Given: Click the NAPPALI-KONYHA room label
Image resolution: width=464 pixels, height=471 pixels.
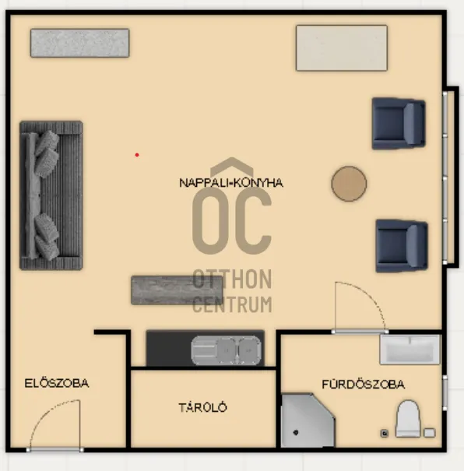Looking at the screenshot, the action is pyautogui.click(x=231, y=183).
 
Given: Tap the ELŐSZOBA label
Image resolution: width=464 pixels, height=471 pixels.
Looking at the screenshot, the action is pyautogui.click(x=57, y=383).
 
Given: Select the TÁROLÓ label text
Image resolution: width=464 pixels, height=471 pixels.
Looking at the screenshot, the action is pyautogui.click(x=202, y=407).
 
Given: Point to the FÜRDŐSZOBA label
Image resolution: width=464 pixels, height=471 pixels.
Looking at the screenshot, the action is pyautogui.click(x=364, y=384).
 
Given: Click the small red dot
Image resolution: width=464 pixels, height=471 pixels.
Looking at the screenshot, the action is pyautogui.click(x=137, y=155).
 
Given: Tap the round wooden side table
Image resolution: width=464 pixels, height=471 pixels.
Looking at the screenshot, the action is pyautogui.click(x=349, y=184).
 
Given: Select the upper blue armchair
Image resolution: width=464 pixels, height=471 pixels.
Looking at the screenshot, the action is pyautogui.click(x=399, y=124).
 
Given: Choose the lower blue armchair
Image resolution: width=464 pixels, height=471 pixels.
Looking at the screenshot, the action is pyautogui.click(x=402, y=246).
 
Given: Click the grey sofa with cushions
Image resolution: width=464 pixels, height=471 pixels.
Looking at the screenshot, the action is pyautogui.click(x=51, y=195).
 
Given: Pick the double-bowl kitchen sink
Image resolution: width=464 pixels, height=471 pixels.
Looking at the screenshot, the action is pyautogui.click(x=226, y=350).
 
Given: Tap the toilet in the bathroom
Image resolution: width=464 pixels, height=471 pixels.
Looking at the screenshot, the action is pyautogui.click(x=408, y=419).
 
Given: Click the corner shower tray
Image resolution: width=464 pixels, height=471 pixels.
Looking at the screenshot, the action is pyautogui.click(x=308, y=420).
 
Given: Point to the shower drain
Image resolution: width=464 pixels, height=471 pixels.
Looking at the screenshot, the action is pyautogui.click(x=296, y=433).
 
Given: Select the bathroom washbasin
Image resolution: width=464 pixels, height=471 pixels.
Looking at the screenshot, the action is pyautogui.click(x=410, y=350).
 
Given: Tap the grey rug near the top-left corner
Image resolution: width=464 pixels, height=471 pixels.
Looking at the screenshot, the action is pyautogui.click(x=80, y=43).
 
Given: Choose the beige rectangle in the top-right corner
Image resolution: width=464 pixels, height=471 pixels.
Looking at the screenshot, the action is pyautogui.click(x=342, y=48).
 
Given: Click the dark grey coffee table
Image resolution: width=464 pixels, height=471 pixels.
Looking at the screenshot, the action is pyautogui.click(x=178, y=290).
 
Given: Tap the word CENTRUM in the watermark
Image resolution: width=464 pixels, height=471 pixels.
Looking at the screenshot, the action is pyautogui.click(x=232, y=304).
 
